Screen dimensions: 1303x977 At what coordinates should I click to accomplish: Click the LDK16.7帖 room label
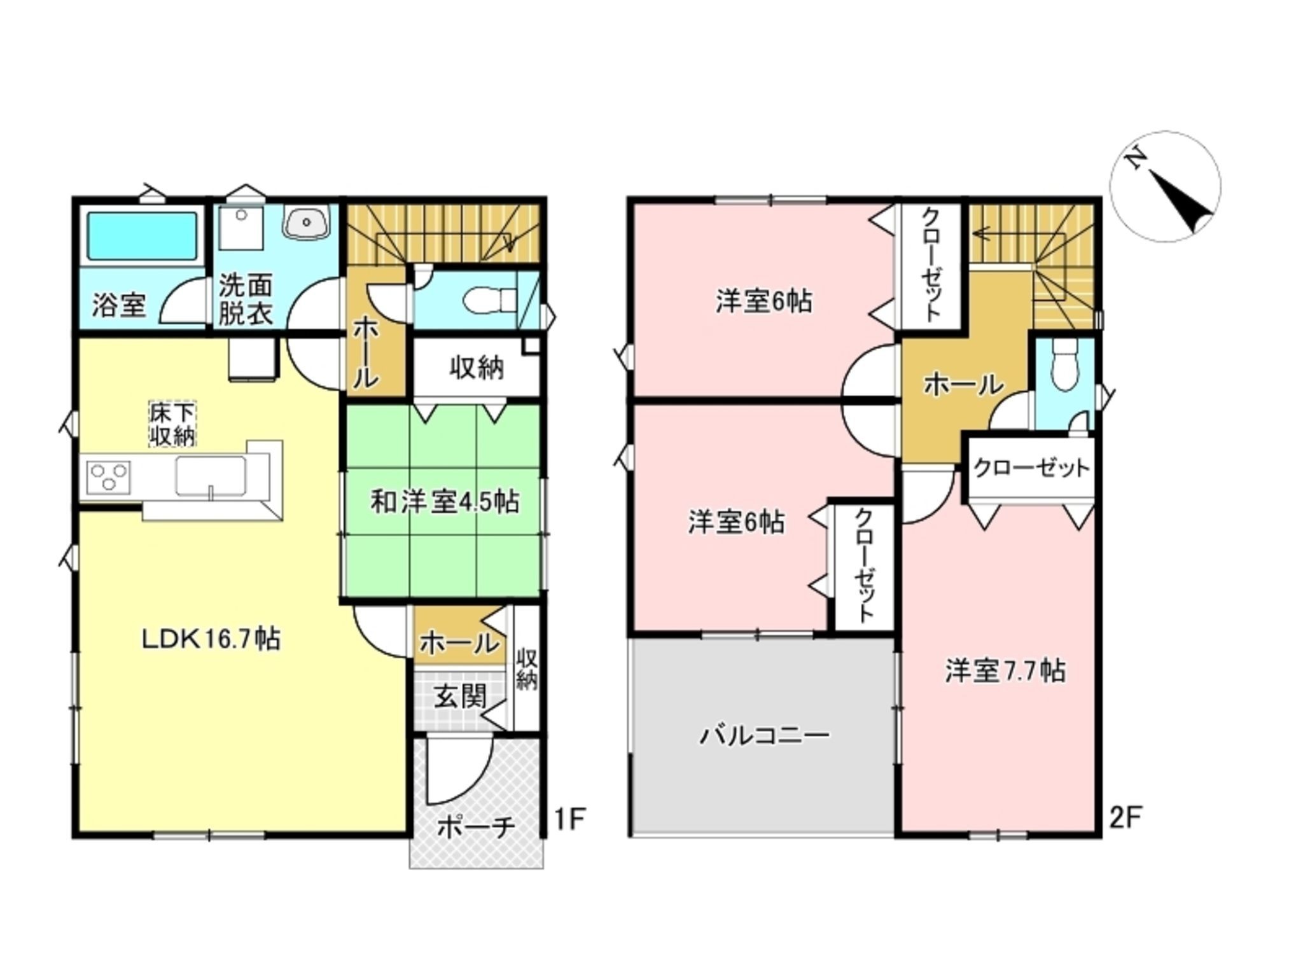[211, 638]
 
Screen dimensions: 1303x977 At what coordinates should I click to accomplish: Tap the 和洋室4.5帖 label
[445, 502]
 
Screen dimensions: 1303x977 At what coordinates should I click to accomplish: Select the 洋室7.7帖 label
[1005, 671]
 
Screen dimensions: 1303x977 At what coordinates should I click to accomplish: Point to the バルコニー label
[765, 736]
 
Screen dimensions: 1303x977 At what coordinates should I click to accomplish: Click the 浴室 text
[119, 305]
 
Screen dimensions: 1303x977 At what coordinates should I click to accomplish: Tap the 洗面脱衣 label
[246, 300]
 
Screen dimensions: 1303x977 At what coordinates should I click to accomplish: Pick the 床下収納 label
[172, 424]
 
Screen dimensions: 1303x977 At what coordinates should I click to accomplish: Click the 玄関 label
[460, 697]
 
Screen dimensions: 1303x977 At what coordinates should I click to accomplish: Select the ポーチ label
[476, 828]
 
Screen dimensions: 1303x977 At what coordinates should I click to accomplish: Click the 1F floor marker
[569, 819]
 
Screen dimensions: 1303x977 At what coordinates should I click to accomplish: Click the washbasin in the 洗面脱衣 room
[307, 223]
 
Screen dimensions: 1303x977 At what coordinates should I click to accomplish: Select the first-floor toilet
[490, 300]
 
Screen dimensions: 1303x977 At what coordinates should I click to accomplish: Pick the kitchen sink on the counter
[211, 475]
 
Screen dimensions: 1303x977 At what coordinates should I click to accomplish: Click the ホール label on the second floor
[963, 384]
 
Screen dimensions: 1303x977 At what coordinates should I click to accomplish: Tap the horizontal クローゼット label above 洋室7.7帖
[1031, 469]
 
